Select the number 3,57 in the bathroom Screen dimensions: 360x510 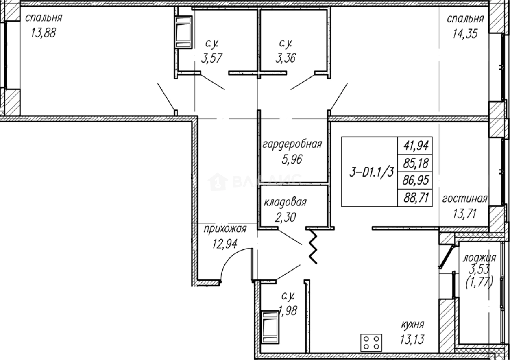(x=212, y=58)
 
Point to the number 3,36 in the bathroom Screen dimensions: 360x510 (x=285, y=58)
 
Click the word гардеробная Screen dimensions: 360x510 (x=292, y=144)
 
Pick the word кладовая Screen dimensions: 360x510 (x=285, y=202)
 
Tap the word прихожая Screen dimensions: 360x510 (x=225, y=229)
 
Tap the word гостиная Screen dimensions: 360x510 (x=464, y=199)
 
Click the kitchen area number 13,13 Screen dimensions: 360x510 (x=412, y=339)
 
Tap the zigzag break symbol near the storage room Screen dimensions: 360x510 (x=314, y=247)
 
